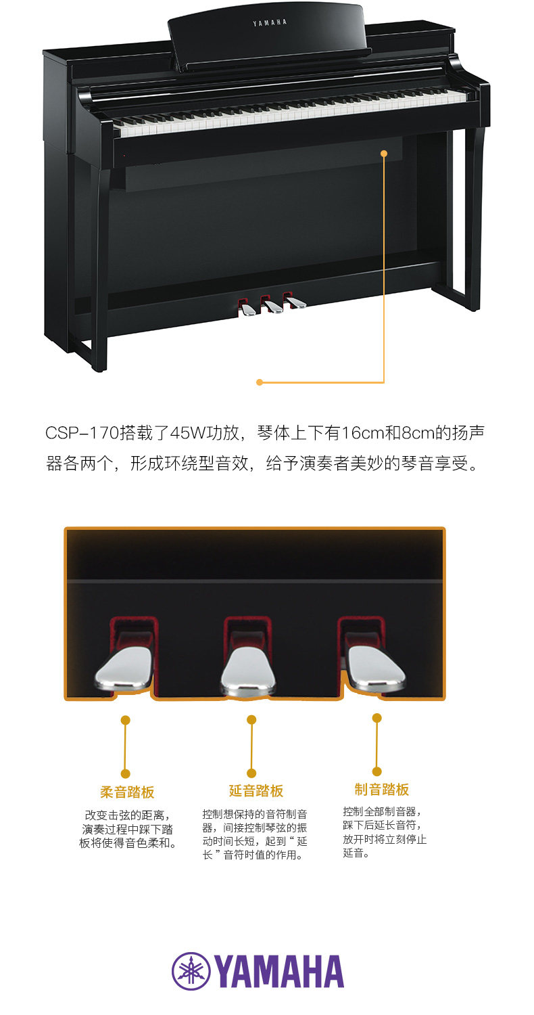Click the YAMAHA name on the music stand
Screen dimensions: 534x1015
coord(270,23)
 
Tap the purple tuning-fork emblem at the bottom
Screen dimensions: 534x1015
coord(191,971)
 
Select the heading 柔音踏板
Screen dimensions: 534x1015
coord(127,792)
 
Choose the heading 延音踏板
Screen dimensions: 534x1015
coord(256,790)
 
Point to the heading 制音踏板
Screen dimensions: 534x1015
coord(382,789)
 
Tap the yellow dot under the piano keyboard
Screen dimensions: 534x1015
coord(384,154)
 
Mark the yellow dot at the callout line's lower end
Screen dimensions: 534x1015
coord(260,382)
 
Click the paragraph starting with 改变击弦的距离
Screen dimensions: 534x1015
coord(127,829)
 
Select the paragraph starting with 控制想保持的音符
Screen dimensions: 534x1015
coord(255,834)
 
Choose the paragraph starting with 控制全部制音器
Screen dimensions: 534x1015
coord(385,832)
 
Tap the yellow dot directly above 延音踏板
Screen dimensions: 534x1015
coord(251,719)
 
